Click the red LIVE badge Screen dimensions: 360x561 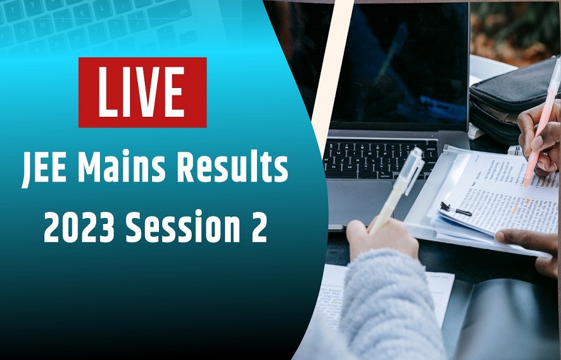click(142, 92)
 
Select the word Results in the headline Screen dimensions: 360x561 click(235, 172)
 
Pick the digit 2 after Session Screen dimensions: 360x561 click(258, 228)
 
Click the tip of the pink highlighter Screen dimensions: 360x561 click(526, 184)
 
